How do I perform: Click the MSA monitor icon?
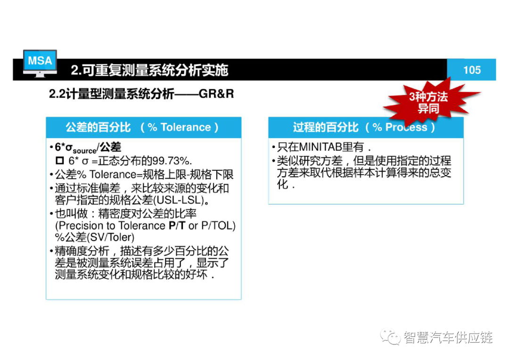(x=40, y=63)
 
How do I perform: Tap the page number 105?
(x=472, y=70)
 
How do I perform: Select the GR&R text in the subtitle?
(x=216, y=94)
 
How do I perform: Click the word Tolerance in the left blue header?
(x=186, y=127)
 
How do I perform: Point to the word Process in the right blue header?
(x=406, y=127)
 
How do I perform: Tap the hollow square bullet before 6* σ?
(x=60, y=160)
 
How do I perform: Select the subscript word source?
(x=84, y=151)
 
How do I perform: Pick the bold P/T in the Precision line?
(x=177, y=225)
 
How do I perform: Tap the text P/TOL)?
(x=218, y=225)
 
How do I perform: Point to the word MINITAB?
(x=320, y=147)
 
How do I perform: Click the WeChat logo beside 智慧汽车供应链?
(x=390, y=336)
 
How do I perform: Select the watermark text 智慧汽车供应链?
(x=448, y=337)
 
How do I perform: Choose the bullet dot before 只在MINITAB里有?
(x=274, y=147)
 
